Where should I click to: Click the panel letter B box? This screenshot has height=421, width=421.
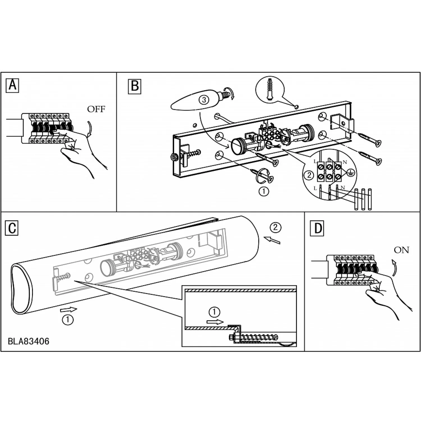pyautogui.click(x=135, y=86)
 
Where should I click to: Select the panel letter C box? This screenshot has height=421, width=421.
pyautogui.click(x=12, y=228)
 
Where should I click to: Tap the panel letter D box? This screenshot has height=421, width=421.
pyautogui.click(x=317, y=228)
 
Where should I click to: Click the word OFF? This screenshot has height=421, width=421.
pyautogui.click(x=96, y=109)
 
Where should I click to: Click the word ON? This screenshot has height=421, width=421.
pyautogui.click(x=401, y=250)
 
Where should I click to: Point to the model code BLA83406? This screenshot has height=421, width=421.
pyautogui.click(x=29, y=341)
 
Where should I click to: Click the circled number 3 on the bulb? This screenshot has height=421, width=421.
pyautogui.click(x=204, y=100)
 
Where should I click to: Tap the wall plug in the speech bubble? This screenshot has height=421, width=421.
pyautogui.click(x=270, y=89)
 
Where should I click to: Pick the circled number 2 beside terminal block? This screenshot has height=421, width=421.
pyautogui.click(x=309, y=175)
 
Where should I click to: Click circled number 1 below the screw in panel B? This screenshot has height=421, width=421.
pyautogui.click(x=264, y=191)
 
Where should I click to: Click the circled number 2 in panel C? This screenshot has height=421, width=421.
pyautogui.click(x=275, y=227)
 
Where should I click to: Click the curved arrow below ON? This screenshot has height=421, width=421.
pyautogui.click(x=394, y=267)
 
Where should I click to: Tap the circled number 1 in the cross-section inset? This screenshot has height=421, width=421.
pyautogui.click(x=214, y=312)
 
